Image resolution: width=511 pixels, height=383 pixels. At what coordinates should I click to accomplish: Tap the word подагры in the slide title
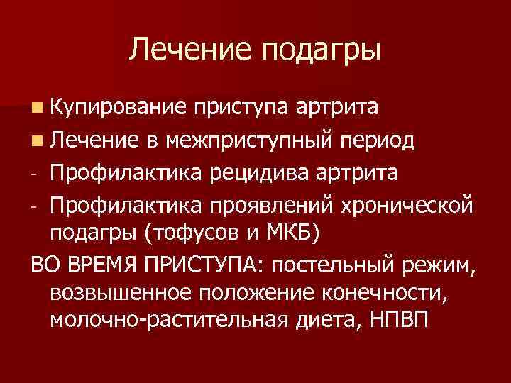point(322,50)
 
